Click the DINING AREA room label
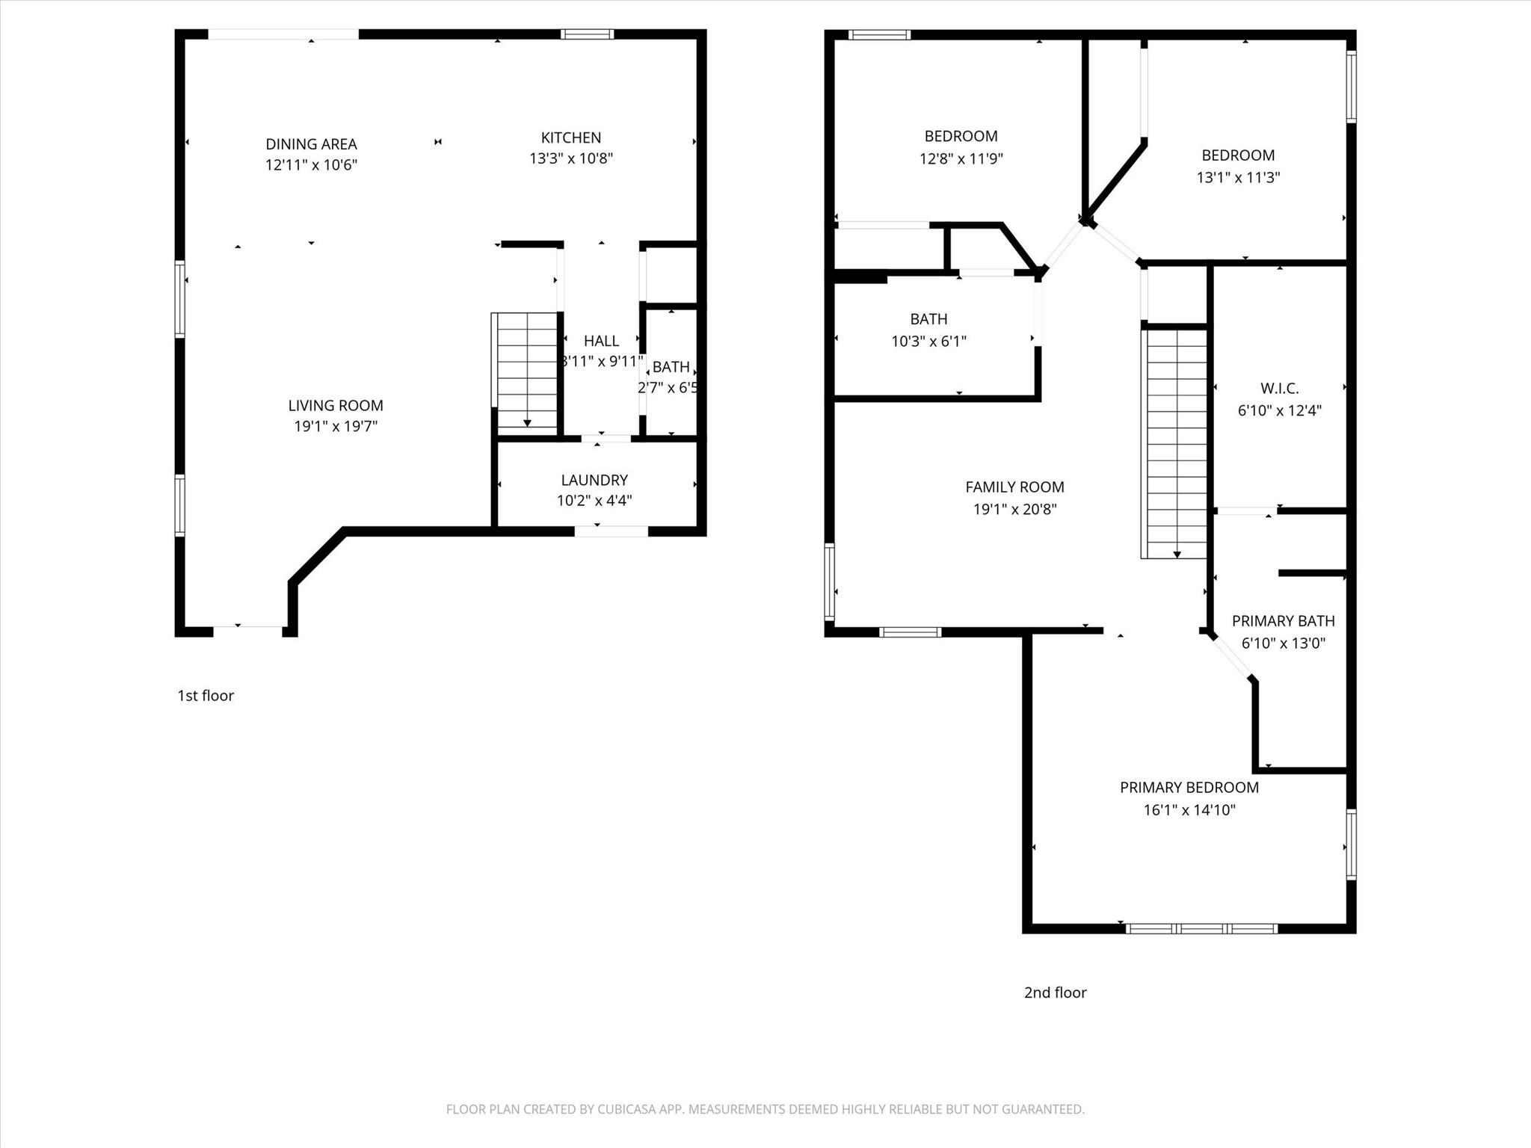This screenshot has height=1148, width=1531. point(311,144)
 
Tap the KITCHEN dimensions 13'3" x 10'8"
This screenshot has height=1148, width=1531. point(571,158)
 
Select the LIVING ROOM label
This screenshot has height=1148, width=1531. point(336,406)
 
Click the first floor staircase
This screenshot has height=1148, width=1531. point(527,371)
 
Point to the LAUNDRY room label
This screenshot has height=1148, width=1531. point(594,480)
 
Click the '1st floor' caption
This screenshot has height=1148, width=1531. point(206,696)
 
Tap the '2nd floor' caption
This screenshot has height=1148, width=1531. point(1055,993)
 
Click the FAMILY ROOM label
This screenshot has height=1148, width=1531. point(1014,487)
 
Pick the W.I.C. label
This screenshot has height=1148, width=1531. point(1279,389)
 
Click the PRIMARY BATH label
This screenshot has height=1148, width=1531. point(1283,621)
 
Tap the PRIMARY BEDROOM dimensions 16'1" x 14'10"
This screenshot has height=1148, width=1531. point(1189,810)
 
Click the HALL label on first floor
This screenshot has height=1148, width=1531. point(601,341)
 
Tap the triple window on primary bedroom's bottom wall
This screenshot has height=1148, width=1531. point(1201,929)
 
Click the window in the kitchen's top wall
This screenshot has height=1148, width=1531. point(588,34)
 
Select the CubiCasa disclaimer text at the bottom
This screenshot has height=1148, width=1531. point(765,1109)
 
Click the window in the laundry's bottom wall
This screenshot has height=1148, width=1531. point(611,531)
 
